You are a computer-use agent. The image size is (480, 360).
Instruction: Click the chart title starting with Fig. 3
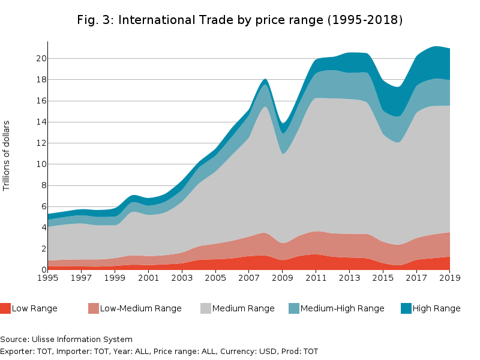pos(240,20)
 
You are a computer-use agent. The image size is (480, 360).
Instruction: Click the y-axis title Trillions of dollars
pos(7,156)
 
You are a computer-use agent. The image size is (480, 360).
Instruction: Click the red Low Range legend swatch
pos(5,308)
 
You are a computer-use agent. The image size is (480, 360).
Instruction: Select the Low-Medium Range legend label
pos(140,308)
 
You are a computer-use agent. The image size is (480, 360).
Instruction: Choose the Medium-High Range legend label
pos(342,308)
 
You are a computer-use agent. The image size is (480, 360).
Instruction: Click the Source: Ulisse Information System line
pos(66,340)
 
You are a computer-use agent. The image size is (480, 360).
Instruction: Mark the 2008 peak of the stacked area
pos(265,79)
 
